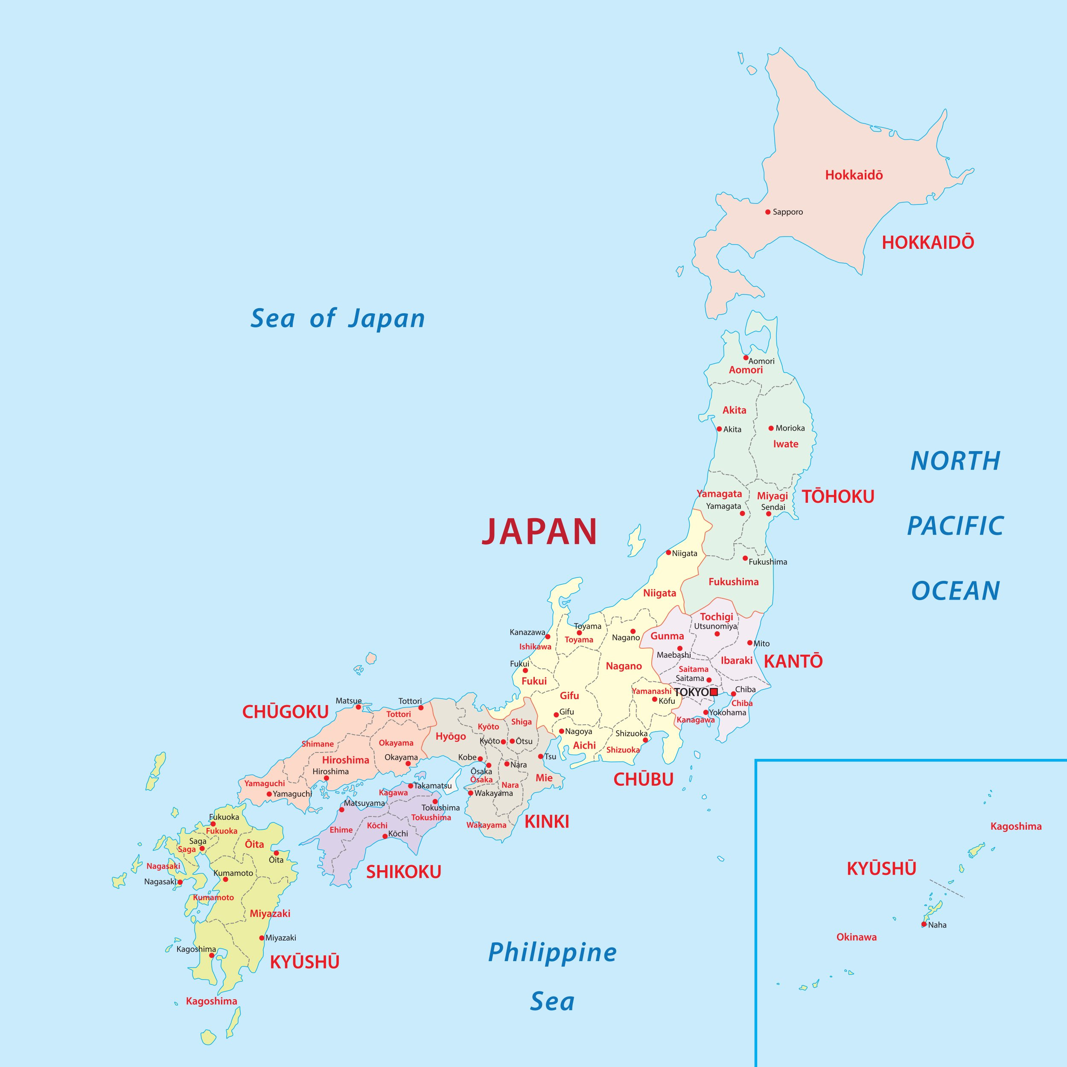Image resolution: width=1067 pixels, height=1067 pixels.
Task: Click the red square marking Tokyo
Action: (714, 692)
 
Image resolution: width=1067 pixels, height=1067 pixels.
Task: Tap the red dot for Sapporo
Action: (768, 212)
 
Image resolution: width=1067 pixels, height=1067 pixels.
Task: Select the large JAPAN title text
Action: (539, 532)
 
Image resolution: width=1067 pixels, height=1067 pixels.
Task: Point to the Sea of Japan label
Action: (338, 319)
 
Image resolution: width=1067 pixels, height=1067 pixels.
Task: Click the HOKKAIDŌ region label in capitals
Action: (928, 242)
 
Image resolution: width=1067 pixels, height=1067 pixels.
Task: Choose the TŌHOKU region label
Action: (838, 496)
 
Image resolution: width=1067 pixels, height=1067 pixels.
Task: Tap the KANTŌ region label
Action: (793, 662)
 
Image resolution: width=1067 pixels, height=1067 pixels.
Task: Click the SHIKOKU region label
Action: (404, 872)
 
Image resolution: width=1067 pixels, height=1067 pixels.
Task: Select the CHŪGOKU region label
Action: (286, 712)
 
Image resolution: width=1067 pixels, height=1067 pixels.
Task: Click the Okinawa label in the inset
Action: (856, 937)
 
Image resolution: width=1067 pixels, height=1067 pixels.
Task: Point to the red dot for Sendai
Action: (768, 513)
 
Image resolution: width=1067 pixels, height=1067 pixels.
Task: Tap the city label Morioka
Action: (790, 428)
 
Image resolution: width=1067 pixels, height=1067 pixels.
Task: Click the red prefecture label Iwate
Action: (785, 444)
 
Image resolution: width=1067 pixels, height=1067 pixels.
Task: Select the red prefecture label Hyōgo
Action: (451, 736)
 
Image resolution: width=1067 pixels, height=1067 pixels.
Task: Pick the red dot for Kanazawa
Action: (547, 637)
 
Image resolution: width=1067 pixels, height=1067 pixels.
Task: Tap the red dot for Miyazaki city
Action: (262, 938)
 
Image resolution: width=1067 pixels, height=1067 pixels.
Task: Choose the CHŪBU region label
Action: (644, 780)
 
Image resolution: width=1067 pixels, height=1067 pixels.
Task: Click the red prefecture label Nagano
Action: (624, 666)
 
